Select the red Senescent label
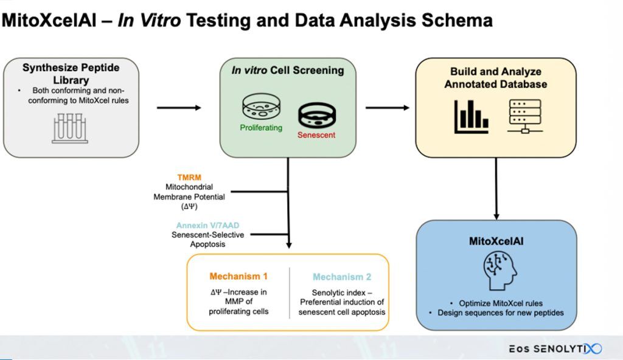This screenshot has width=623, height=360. [x=316, y=134]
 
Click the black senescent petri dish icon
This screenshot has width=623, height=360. [x=316, y=114]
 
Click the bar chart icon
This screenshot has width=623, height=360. [x=471, y=116]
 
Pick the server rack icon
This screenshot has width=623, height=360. [x=524, y=116]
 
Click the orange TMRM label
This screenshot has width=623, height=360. [x=189, y=178]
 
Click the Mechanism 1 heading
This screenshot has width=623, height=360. [x=238, y=276]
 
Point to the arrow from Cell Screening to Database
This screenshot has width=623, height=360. [x=388, y=108]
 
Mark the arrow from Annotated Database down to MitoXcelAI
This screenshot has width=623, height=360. [x=496, y=188]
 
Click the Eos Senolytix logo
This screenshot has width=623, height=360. [x=555, y=348]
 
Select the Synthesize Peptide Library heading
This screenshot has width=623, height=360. [x=71, y=74]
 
